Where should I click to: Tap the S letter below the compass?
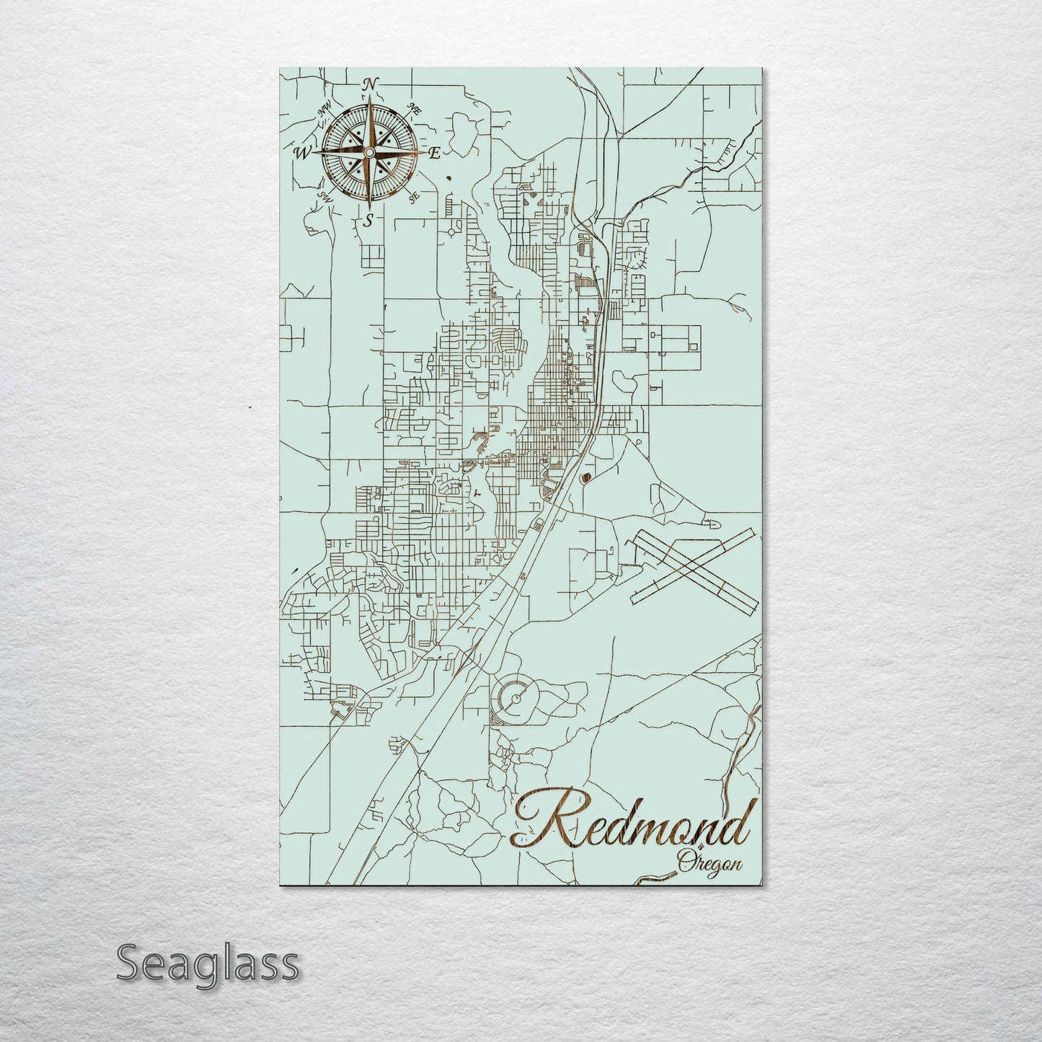point(368,221)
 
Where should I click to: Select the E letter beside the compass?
point(436,153)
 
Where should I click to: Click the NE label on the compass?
point(415,110)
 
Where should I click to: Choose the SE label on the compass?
point(414,197)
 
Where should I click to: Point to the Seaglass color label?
point(208,963)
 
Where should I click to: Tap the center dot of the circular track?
point(516,699)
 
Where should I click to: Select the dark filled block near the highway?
point(585,476)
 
